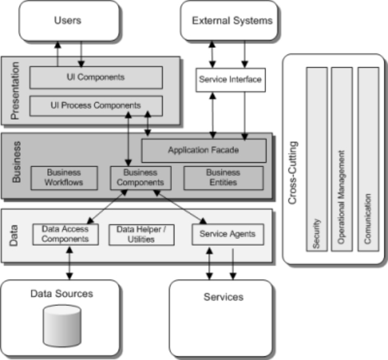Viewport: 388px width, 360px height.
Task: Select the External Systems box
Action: (x=231, y=21)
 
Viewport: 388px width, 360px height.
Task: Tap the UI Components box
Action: (x=96, y=77)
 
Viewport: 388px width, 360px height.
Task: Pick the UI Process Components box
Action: (x=96, y=106)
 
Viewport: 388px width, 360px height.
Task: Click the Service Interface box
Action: (x=230, y=80)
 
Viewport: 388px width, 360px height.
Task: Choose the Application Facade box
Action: (x=204, y=150)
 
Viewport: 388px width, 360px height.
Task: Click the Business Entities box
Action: (x=223, y=178)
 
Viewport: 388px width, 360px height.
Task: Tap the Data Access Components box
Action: (x=65, y=234)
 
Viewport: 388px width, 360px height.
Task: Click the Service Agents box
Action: (x=223, y=234)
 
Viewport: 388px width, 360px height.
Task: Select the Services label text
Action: (x=223, y=297)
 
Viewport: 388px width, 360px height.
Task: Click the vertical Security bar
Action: (x=317, y=160)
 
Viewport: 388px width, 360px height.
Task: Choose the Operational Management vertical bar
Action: (x=342, y=160)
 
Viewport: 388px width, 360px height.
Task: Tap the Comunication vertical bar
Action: (x=368, y=160)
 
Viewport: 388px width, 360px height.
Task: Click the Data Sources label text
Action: (x=62, y=294)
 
